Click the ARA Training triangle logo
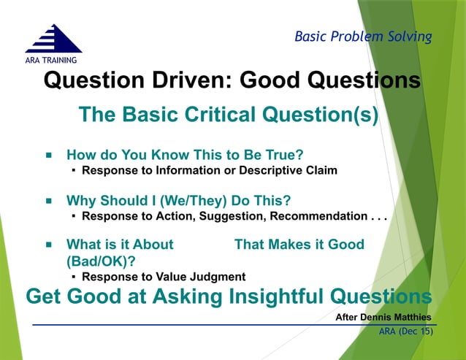click(53, 38)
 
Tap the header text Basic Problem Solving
click(363, 37)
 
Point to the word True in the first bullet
click(284, 155)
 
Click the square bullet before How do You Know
click(49, 156)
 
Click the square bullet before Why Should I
click(49, 200)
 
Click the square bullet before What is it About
click(49, 245)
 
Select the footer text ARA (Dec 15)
click(405, 332)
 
